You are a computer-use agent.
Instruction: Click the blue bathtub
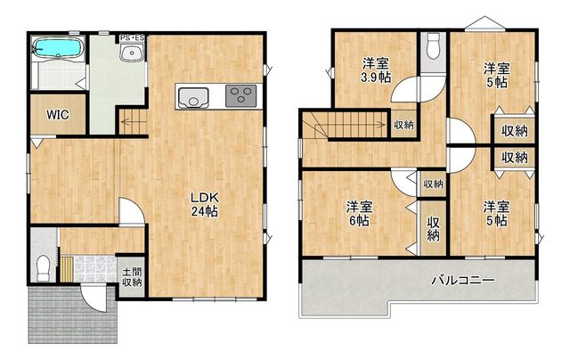point(58,48)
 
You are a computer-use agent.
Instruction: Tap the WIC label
point(57,115)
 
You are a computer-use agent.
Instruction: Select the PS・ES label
point(133,37)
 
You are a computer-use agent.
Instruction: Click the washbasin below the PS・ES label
point(132,53)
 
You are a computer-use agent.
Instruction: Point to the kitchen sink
point(193,97)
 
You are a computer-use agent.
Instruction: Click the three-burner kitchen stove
point(240,95)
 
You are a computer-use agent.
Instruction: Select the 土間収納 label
point(132,277)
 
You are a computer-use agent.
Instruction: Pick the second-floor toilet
point(433,45)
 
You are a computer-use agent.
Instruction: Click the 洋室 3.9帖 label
point(376,70)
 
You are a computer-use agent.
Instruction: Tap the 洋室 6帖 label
point(359,214)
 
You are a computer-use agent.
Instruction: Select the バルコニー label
point(463,280)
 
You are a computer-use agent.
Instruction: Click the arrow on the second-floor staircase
point(346,125)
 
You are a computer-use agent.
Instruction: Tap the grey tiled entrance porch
point(72,315)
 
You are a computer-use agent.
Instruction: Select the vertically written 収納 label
point(434,229)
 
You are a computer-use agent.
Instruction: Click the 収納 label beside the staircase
point(403,125)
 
